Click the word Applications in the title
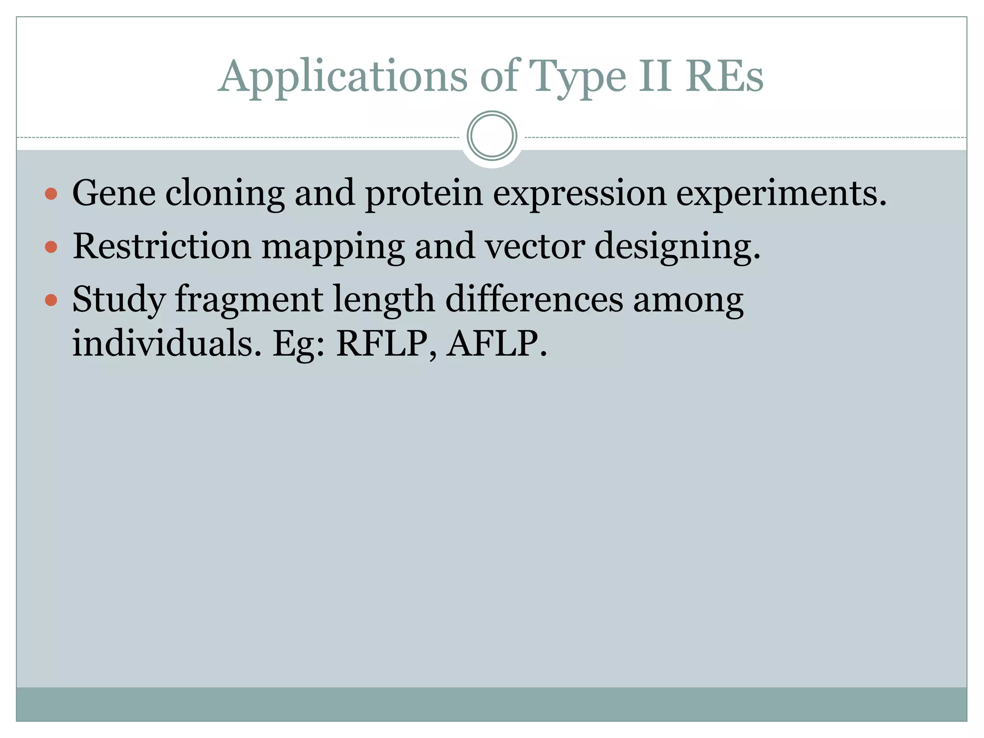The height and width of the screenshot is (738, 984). pyautogui.click(x=343, y=77)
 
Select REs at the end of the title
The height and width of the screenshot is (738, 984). pyautogui.click(x=724, y=77)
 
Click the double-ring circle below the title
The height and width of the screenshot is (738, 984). pyautogui.click(x=492, y=136)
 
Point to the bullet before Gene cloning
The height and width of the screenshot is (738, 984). pyautogui.click(x=51, y=194)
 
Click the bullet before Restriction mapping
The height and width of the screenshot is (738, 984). pyautogui.click(x=51, y=247)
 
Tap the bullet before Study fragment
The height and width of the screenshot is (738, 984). pyautogui.click(x=51, y=301)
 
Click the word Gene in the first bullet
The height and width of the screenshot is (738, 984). pyautogui.click(x=114, y=193)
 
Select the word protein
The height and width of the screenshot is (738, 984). pyautogui.click(x=423, y=193)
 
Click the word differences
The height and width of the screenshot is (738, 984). pyautogui.click(x=534, y=299)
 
